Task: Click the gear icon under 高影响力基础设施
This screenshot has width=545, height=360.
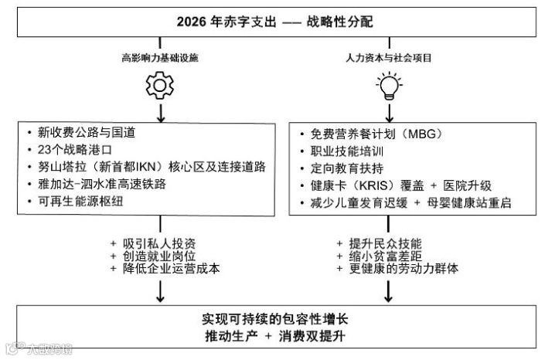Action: pyautogui.click(x=160, y=84)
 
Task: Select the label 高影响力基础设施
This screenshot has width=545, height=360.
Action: pyautogui.click(x=161, y=58)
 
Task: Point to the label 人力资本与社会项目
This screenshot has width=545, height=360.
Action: pyautogui.click(x=388, y=58)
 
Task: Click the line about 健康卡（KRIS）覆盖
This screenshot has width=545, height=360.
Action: pyautogui.click(x=400, y=186)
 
